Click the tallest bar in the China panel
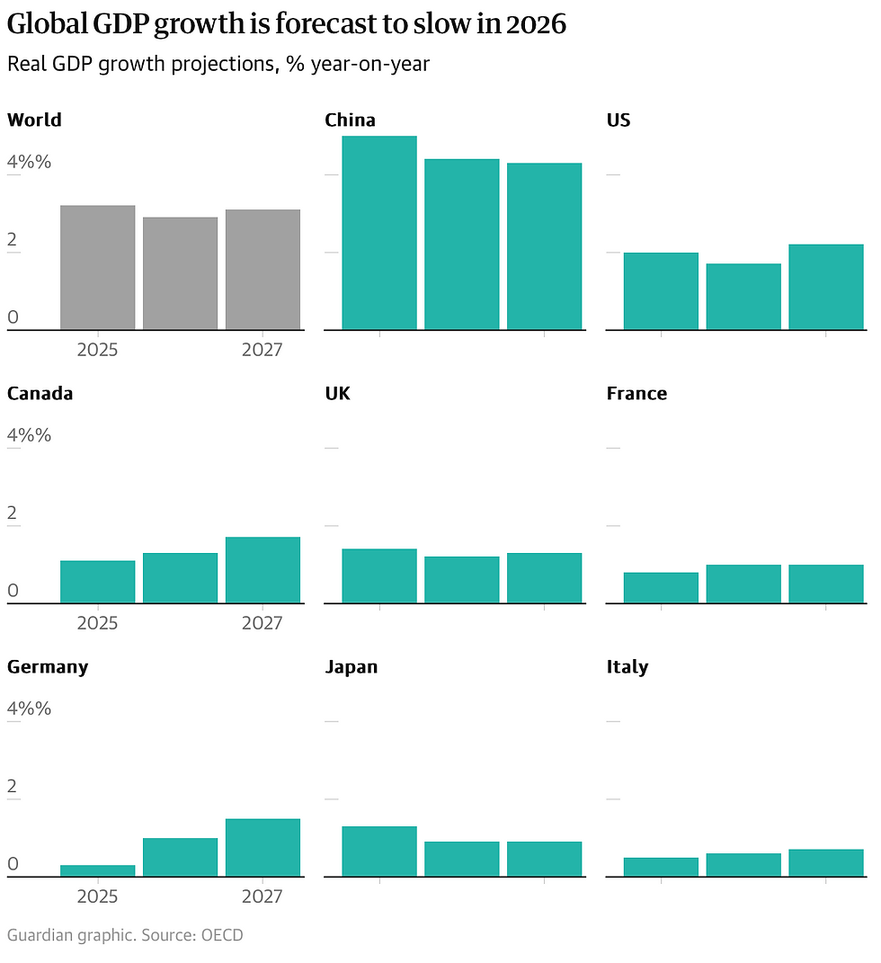click(378, 233)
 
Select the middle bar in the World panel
click(180, 273)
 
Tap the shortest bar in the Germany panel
click(97, 870)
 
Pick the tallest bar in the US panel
click(825, 287)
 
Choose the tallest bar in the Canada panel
click(263, 570)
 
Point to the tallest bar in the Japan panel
click(378, 851)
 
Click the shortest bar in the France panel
click(661, 587)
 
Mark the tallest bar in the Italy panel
click(825, 862)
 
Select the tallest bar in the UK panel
click(378, 575)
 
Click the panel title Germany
click(48, 667)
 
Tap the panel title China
click(350, 120)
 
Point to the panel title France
click(636, 394)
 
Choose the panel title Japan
click(351, 667)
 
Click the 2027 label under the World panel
click(262, 350)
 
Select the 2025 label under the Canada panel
click(97, 623)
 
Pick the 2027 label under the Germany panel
click(262, 896)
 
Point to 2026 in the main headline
click(536, 25)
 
